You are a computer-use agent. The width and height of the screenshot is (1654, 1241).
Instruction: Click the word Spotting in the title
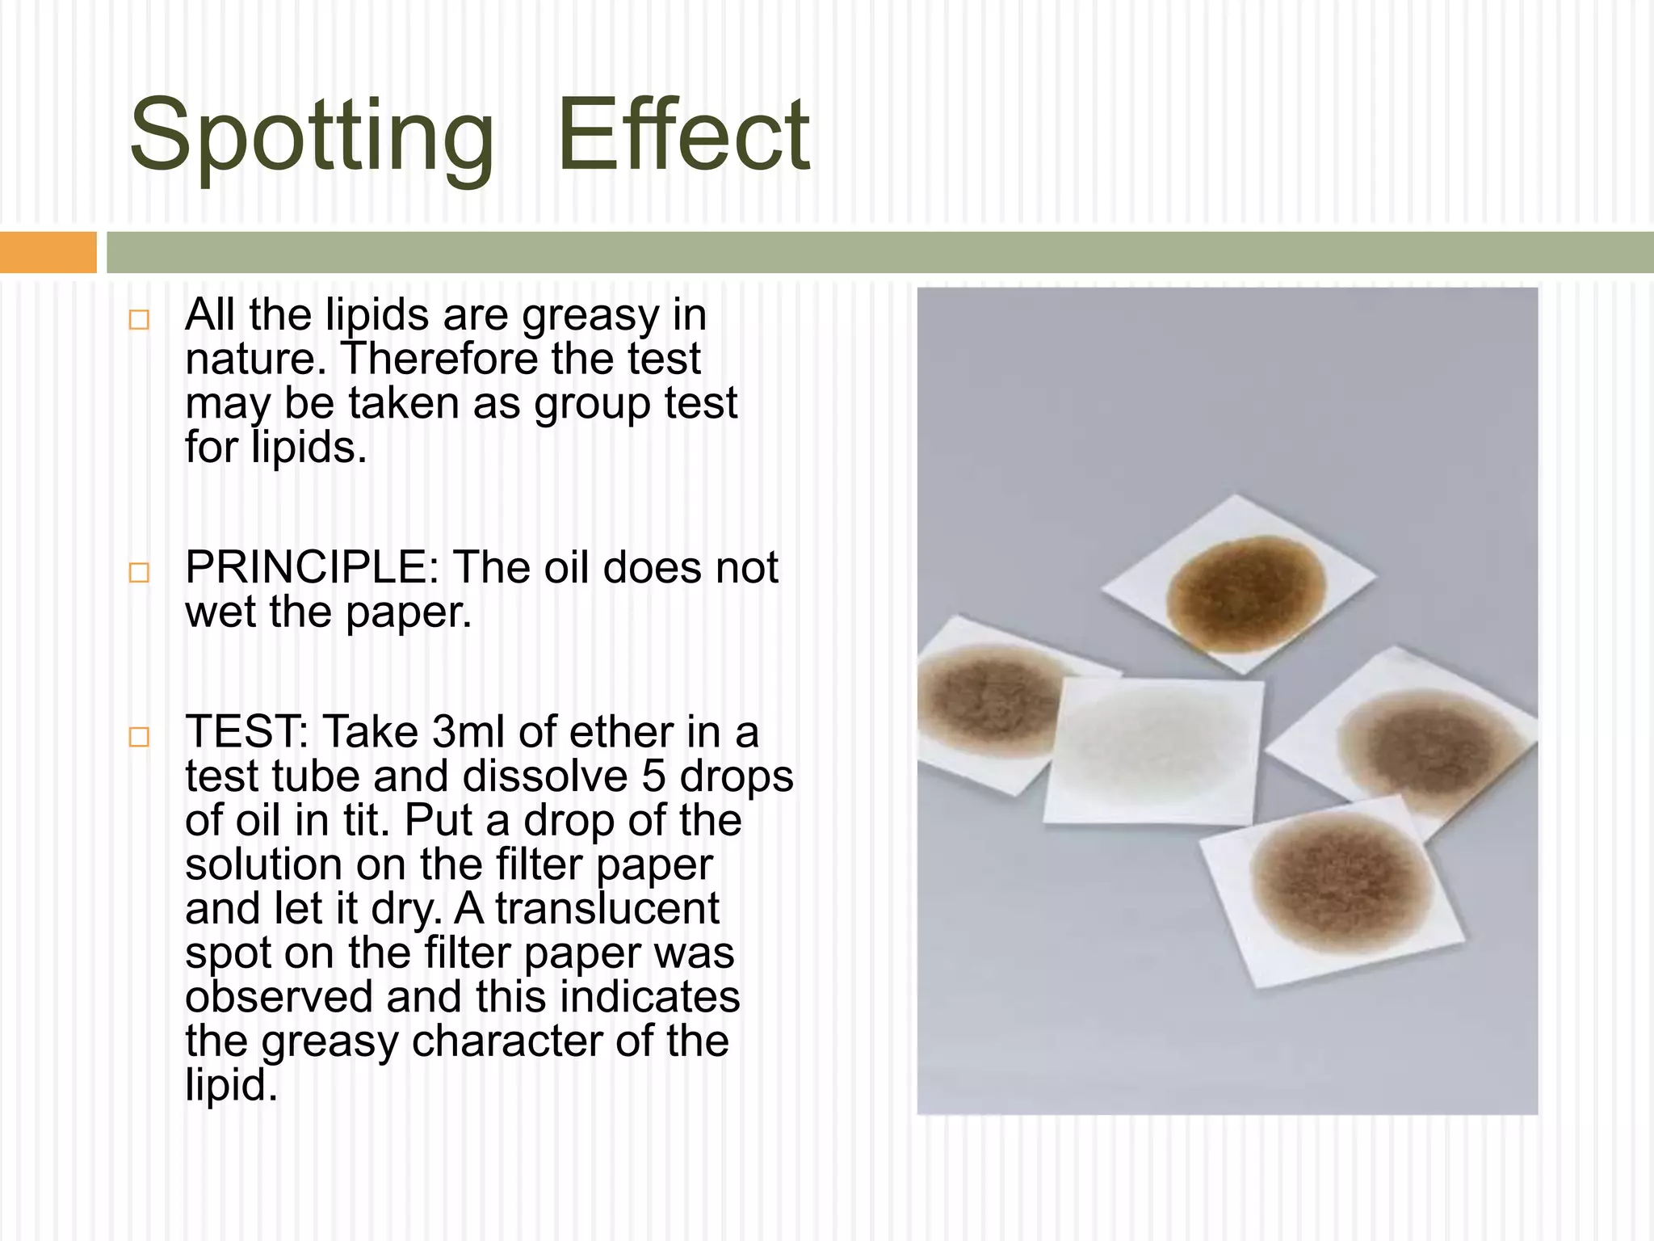point(311,137)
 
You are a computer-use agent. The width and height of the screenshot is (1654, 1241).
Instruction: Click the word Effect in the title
point(683,136)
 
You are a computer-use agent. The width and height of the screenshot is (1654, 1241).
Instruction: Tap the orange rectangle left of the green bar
point(48,252)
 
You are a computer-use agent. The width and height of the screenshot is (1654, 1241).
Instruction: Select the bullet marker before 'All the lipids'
point(139,319)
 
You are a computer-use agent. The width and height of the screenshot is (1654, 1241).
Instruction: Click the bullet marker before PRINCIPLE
point(139,573)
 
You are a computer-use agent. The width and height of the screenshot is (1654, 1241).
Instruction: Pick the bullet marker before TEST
point(139,737)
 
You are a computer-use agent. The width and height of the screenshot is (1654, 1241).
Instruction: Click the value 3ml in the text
point(469,732)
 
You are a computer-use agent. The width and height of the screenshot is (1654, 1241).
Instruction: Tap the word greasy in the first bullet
point(591,315)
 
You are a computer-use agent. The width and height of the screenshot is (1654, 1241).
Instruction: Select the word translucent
point(607,909)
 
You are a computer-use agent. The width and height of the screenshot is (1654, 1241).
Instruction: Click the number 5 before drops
point(653,776)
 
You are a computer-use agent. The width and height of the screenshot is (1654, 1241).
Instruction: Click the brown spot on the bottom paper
point(1339,881)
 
